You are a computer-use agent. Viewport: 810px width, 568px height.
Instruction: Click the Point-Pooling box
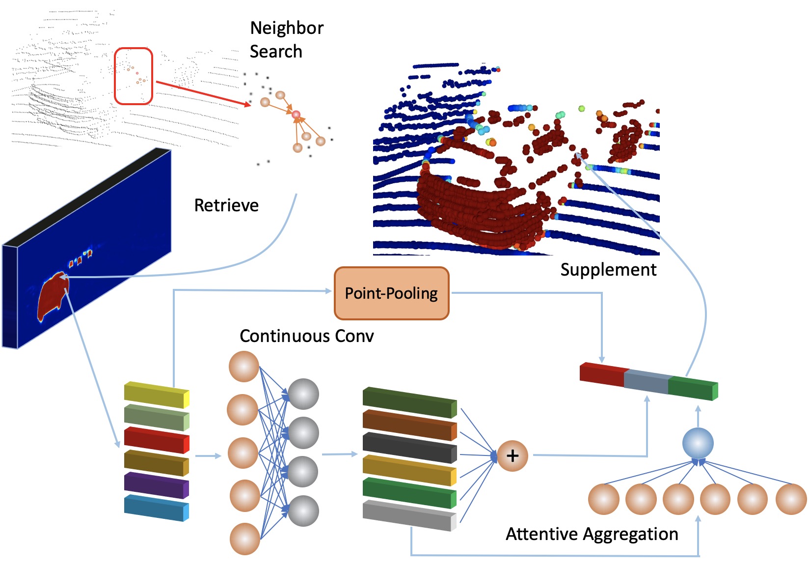tap(392, 293)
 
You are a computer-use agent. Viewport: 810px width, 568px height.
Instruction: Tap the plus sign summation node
tap(513, 455)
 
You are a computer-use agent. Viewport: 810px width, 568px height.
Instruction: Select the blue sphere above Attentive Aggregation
tap(698, 443)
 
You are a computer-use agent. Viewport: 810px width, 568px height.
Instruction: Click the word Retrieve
tap(226, 205)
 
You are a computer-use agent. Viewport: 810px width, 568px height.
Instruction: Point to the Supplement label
tap(608, 270)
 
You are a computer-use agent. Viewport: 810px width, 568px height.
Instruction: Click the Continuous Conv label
tap(307, 336)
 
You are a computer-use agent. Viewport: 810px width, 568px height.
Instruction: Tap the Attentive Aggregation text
tap(592, 534)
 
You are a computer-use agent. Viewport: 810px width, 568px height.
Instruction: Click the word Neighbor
tap(287, 28)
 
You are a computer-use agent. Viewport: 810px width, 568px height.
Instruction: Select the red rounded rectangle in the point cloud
tap(134, 76)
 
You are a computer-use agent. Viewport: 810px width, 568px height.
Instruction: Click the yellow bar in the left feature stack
tap(157, 395)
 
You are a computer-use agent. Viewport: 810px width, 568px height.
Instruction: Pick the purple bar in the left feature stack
tap(157, 485)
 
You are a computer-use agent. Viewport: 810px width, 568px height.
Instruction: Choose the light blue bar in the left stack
tap(157, 508)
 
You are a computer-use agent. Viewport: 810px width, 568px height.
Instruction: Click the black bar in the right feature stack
tap(410, 448)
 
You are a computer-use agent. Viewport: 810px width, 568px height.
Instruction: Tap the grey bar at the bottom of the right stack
tap(410, 515)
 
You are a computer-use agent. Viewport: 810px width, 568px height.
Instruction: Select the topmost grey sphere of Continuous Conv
tap(303, 394)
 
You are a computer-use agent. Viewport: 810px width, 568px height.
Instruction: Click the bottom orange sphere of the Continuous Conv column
tap(245, 539)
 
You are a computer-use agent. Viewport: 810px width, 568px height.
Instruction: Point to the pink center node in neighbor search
tap(296, 115)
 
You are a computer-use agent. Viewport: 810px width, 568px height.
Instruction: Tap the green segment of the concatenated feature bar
tap(693, 388)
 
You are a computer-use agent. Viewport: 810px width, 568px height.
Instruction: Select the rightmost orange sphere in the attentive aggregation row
tap(791, 499)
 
